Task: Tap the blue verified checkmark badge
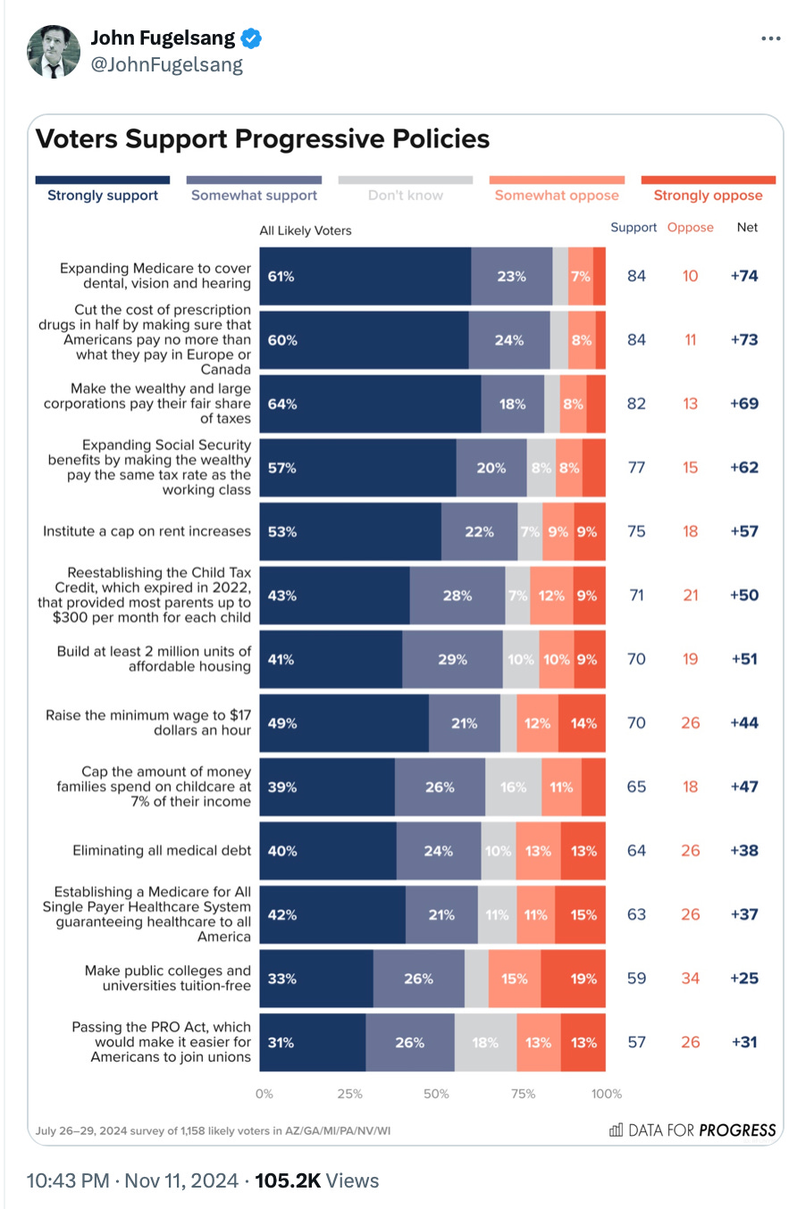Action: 252,38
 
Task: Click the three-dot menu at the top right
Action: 771,39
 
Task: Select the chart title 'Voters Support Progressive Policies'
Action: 262,139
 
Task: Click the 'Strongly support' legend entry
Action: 103,195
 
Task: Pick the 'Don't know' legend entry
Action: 406,195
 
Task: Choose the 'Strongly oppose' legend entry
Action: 708,195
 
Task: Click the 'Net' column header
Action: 747,228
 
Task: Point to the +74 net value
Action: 743,276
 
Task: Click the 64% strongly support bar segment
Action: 370,404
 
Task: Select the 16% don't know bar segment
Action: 513,787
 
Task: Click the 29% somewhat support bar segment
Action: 452,659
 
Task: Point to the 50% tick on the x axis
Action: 436,1094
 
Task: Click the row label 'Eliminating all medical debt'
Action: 162,851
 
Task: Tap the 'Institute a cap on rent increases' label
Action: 147,531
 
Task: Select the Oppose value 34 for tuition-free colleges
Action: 690,978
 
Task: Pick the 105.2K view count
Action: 288,1181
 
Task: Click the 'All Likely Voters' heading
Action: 306,230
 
